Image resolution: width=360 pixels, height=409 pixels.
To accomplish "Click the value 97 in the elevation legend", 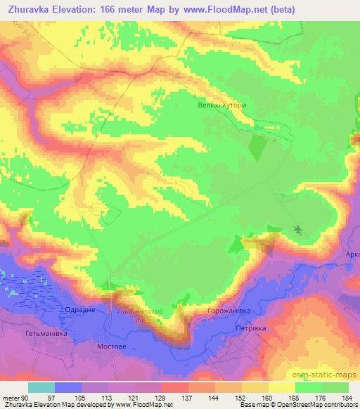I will pyautogui.click(x=56, y=398).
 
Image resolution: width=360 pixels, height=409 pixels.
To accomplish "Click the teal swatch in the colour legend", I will pyautogui.click(x=41, y=387).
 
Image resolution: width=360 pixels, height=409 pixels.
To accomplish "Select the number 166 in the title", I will pyautogui.click(x=108, y=9).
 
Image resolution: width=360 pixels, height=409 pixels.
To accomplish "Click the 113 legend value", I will pyautogui.click(x=109, y=398).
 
